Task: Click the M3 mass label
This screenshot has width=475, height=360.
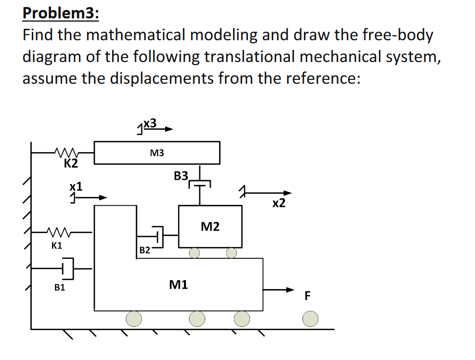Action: (x=156, y=153)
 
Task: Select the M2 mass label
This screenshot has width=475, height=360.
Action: (x=210, y=227)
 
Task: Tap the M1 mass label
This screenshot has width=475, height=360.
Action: (x=178, y=285)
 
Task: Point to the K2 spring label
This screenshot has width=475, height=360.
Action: (x=71, y=163)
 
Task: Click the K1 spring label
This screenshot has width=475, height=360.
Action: (x=57, y=244)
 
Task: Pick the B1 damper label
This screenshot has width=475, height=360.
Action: (x=59, y=287)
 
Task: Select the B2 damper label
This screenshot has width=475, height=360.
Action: (x=144, y=250)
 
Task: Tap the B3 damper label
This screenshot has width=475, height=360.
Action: (x=181, y=176)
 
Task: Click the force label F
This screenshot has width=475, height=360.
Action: (x=307, y=297)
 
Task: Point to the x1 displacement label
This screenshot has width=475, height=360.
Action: (x=76, y=186)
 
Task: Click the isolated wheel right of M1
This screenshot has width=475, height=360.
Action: (x=310, y=318)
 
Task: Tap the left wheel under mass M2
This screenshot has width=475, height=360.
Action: (x=194, y=253)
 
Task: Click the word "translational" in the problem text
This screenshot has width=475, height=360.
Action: (x=309, y=58)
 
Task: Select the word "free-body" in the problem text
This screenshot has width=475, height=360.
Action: (x=392, y=35)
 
